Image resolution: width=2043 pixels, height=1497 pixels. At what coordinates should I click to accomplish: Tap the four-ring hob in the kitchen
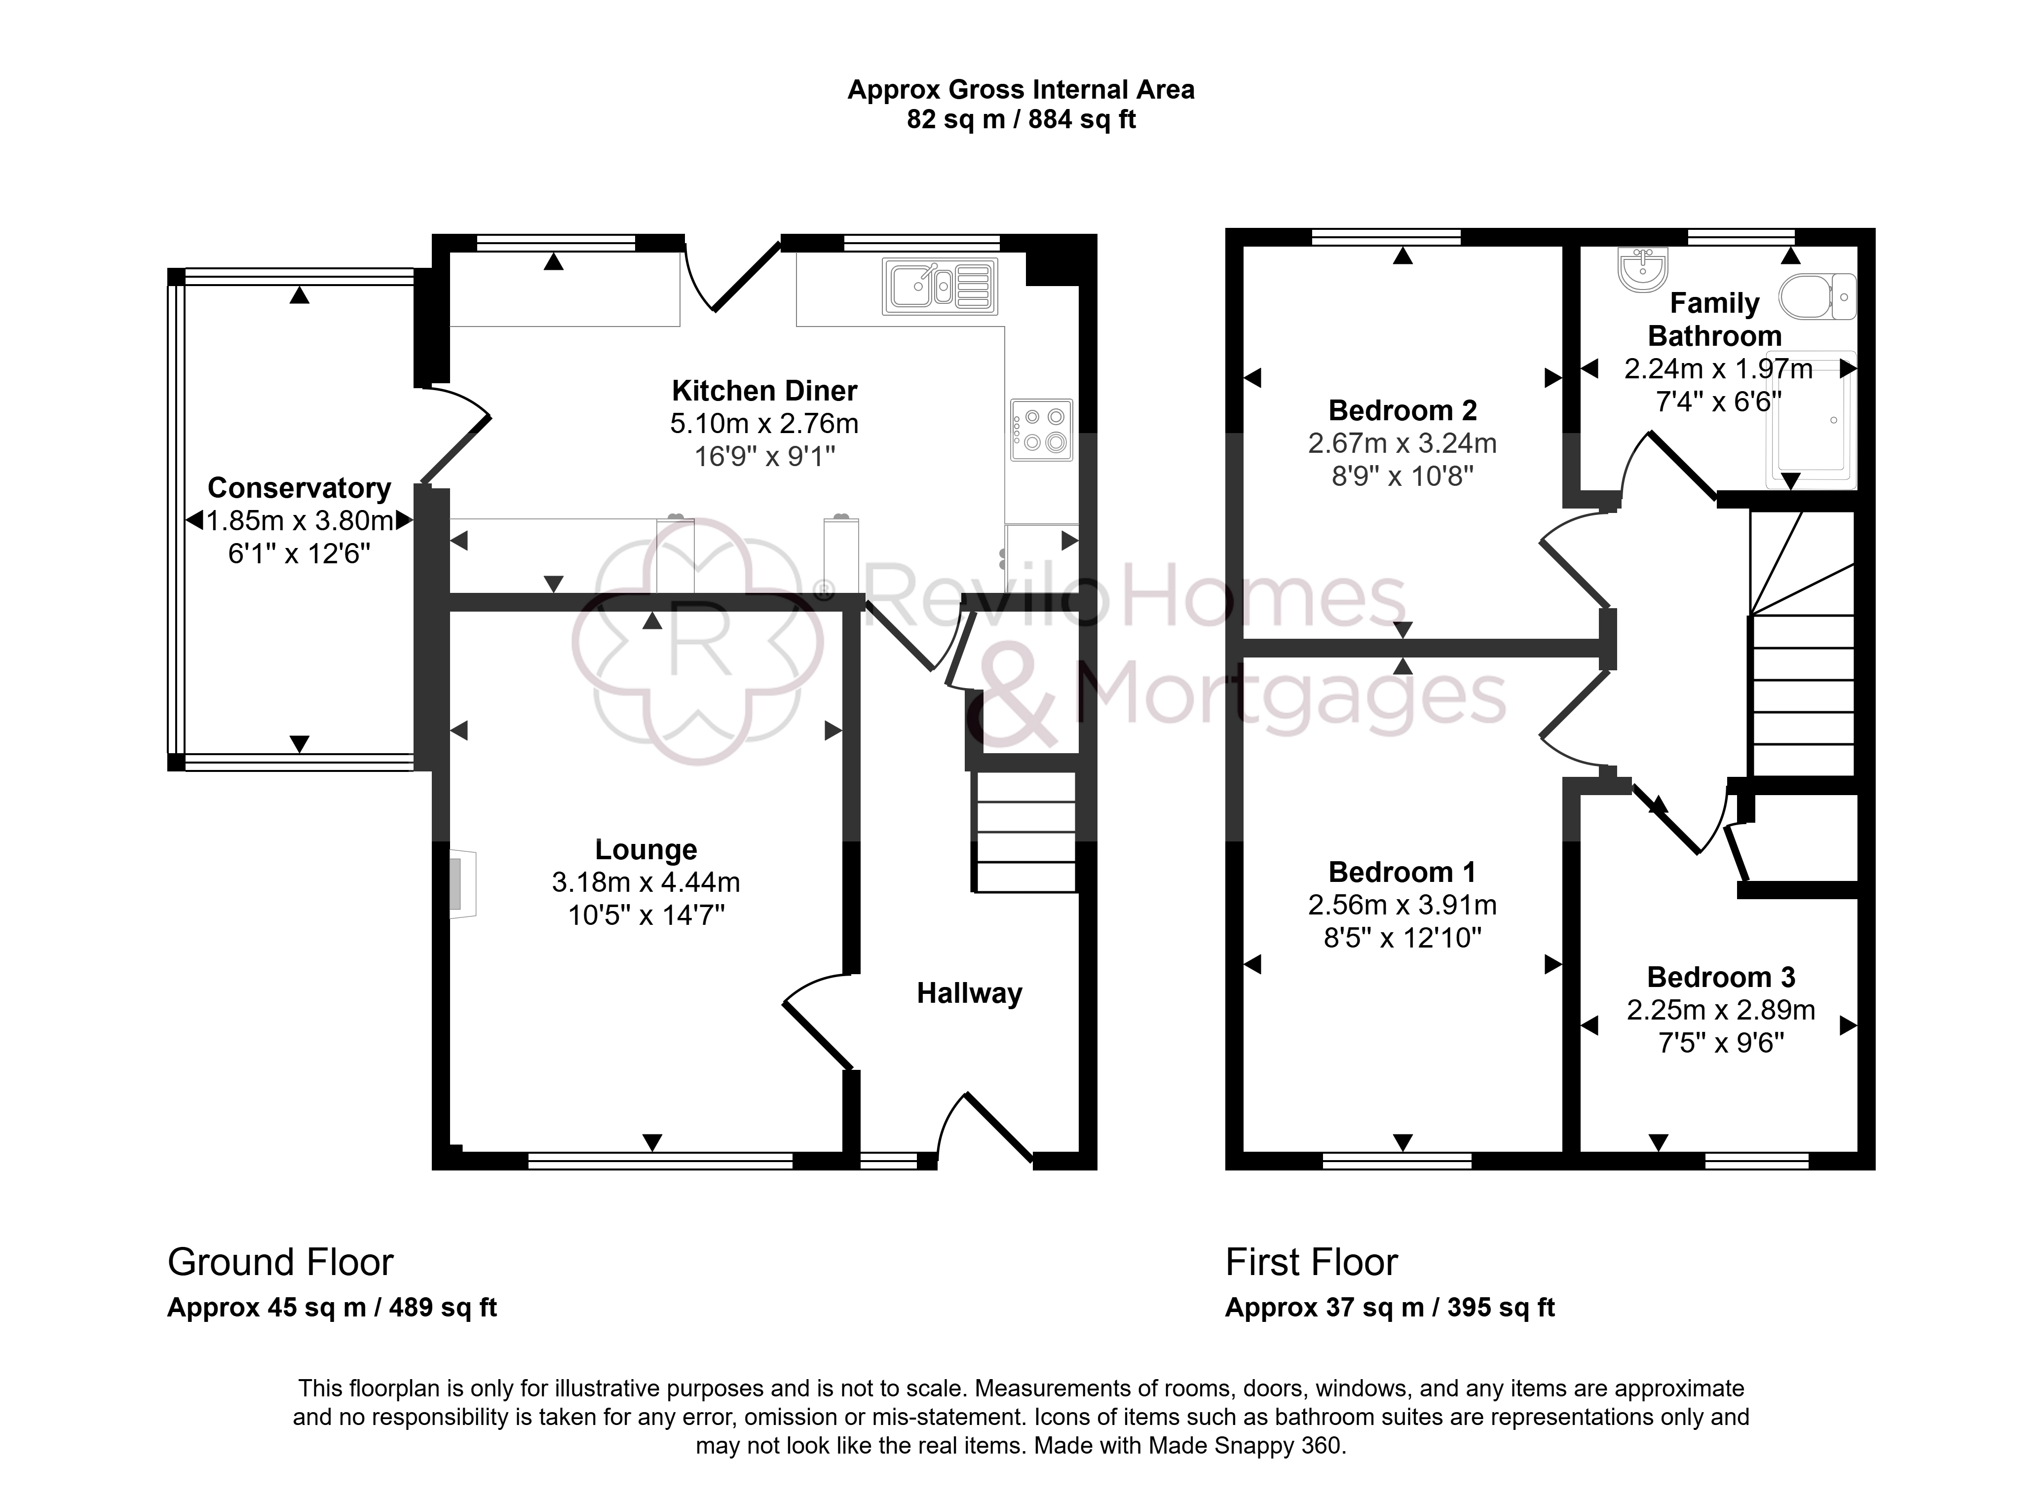point(1041,430)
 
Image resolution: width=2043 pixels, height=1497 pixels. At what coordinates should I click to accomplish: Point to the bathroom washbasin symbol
point(1642,270)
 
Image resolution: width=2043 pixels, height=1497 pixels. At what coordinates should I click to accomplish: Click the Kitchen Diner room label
point(764,391)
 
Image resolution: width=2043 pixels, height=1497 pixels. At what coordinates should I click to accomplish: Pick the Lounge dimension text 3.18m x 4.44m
point(645,882)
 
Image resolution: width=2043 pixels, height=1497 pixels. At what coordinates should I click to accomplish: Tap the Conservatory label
point(299,487)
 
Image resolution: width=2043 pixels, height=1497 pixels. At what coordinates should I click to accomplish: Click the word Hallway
point(969,993)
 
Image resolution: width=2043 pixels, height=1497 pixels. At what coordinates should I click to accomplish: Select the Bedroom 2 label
point(1402,410)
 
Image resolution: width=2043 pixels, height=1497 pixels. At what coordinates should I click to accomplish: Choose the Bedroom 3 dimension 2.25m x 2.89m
point(1720,1010)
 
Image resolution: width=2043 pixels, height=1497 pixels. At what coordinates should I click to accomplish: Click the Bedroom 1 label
point(1402,872)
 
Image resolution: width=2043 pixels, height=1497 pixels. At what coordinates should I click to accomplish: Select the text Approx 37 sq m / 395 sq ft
point(1390,1308)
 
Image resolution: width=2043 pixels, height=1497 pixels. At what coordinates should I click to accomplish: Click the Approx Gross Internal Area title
point(1021,90)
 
